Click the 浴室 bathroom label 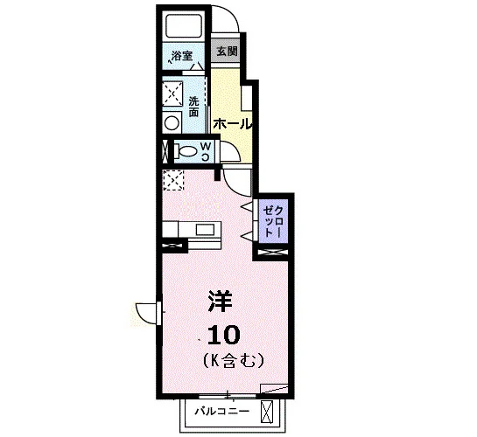182,56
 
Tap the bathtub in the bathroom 184,24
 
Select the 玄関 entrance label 227,51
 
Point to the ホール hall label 234,124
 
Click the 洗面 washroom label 193,107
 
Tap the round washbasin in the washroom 172,123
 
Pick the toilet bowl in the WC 186,151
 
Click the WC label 207,152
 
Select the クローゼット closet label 273,222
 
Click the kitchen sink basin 205,230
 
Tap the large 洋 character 220,302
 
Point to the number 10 224,335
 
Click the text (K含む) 233,360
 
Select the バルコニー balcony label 222,412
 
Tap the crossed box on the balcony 267,411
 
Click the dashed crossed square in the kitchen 173,180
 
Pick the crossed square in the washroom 172,94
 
